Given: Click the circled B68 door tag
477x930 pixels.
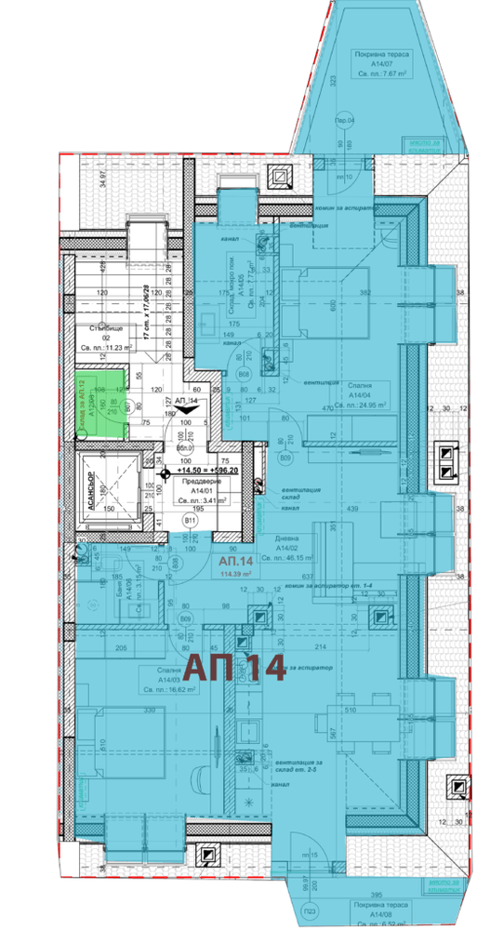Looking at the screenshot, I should [x=244, y=374].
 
